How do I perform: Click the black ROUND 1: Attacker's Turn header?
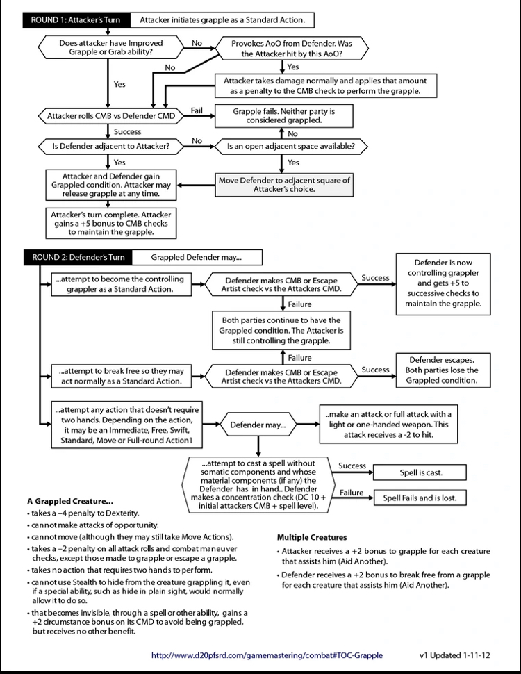click(x=76, y=20)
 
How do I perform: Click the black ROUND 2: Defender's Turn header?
click(x=78, y=257)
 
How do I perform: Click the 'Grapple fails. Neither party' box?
click(x=283, y=115)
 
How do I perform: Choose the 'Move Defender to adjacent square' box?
click(x=283, y=184)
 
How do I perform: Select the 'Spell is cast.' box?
click(x=421, y=473)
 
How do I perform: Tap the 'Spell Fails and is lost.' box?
click(x=421, y=498)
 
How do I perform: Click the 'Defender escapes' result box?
click(x=442, y=370)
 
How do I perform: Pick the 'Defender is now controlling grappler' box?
click(x=442, y=283)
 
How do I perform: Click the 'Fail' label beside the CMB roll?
click(x=197, y=110)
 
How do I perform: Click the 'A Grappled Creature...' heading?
click(x=70, y=500)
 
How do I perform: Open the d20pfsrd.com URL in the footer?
click(x=267, y=655)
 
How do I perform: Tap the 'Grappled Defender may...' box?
click(x=197, y=257)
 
